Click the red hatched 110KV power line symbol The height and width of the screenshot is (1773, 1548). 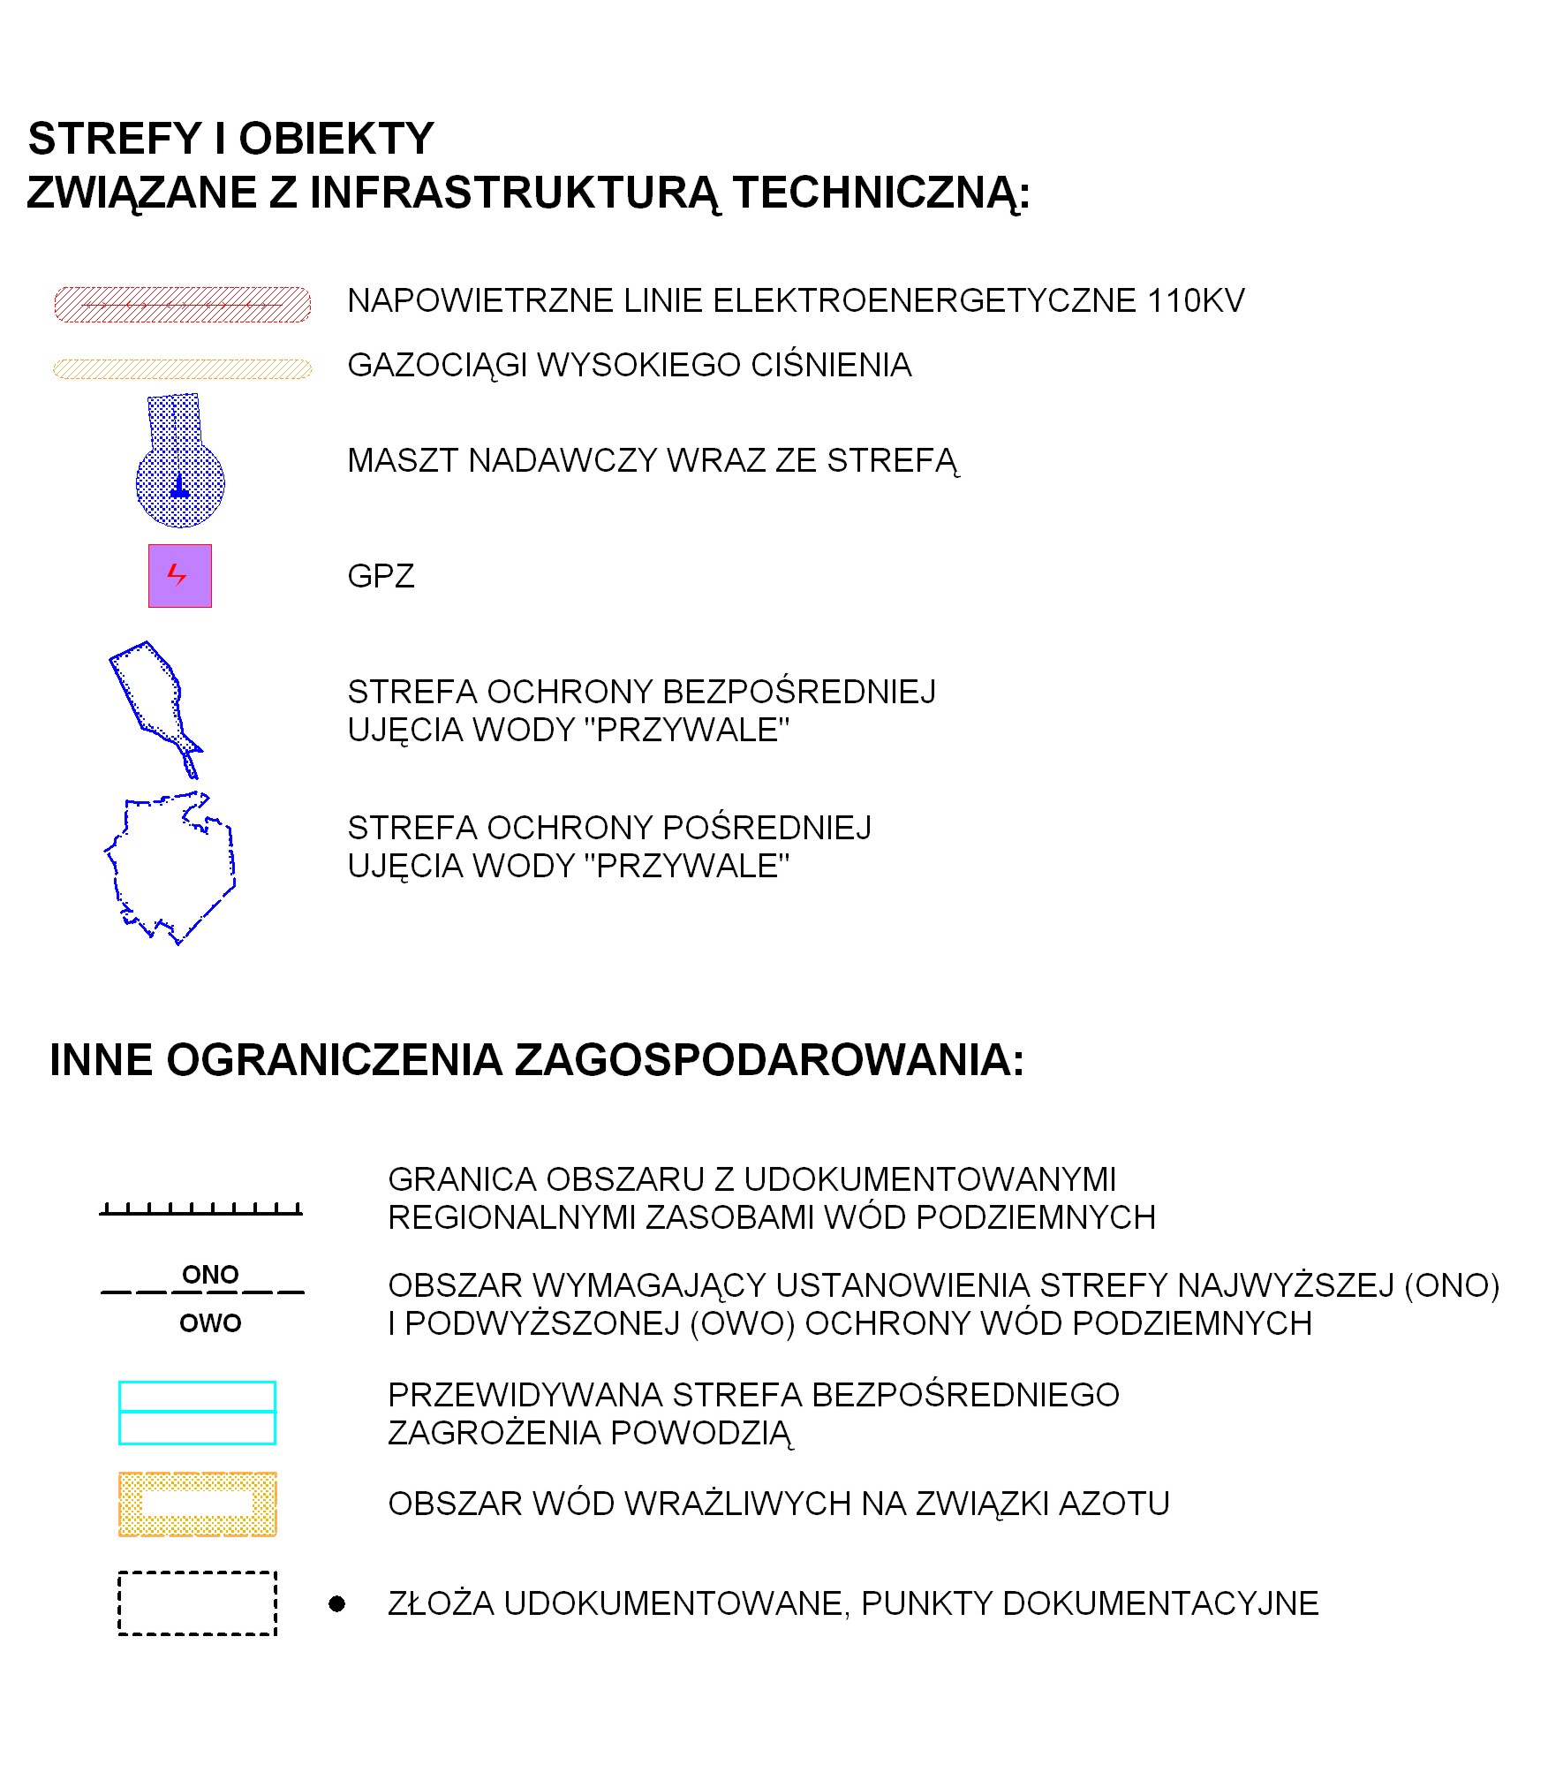point(182,305)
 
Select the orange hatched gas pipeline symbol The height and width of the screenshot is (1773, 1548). point(182,368)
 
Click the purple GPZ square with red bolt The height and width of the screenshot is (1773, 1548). point(180,576)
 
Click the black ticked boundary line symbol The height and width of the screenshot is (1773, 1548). point(200,1209)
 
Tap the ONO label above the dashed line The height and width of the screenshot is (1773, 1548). point(210,1274)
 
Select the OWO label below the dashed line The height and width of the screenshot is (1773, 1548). point(210,1322)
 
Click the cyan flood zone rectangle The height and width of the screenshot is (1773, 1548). point(197,1413)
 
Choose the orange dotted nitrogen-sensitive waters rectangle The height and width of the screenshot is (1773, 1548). point(197,1504)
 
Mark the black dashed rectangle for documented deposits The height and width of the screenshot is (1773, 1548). point(197,1603)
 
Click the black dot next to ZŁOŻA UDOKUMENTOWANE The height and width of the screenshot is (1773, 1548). point(336,1603)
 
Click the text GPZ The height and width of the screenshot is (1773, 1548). point(381,576)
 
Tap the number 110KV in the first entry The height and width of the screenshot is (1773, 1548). point(1196,301)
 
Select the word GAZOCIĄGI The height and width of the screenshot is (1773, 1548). point(436,366)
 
